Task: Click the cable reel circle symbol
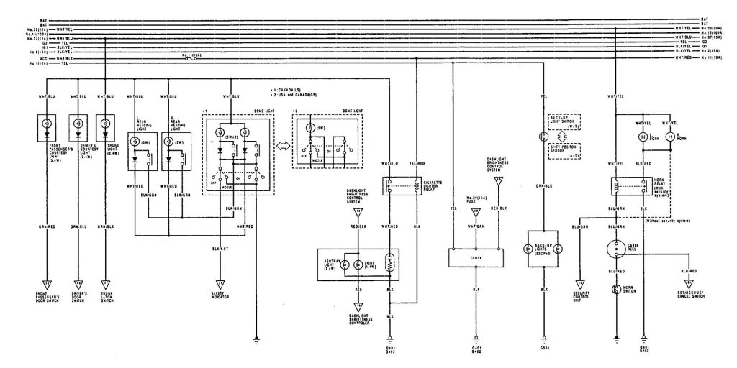coord(616,249)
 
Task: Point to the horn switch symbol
coord(616,290)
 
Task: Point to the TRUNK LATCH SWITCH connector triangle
coord(106,282)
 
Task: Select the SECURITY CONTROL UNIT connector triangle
coord(579,282)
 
